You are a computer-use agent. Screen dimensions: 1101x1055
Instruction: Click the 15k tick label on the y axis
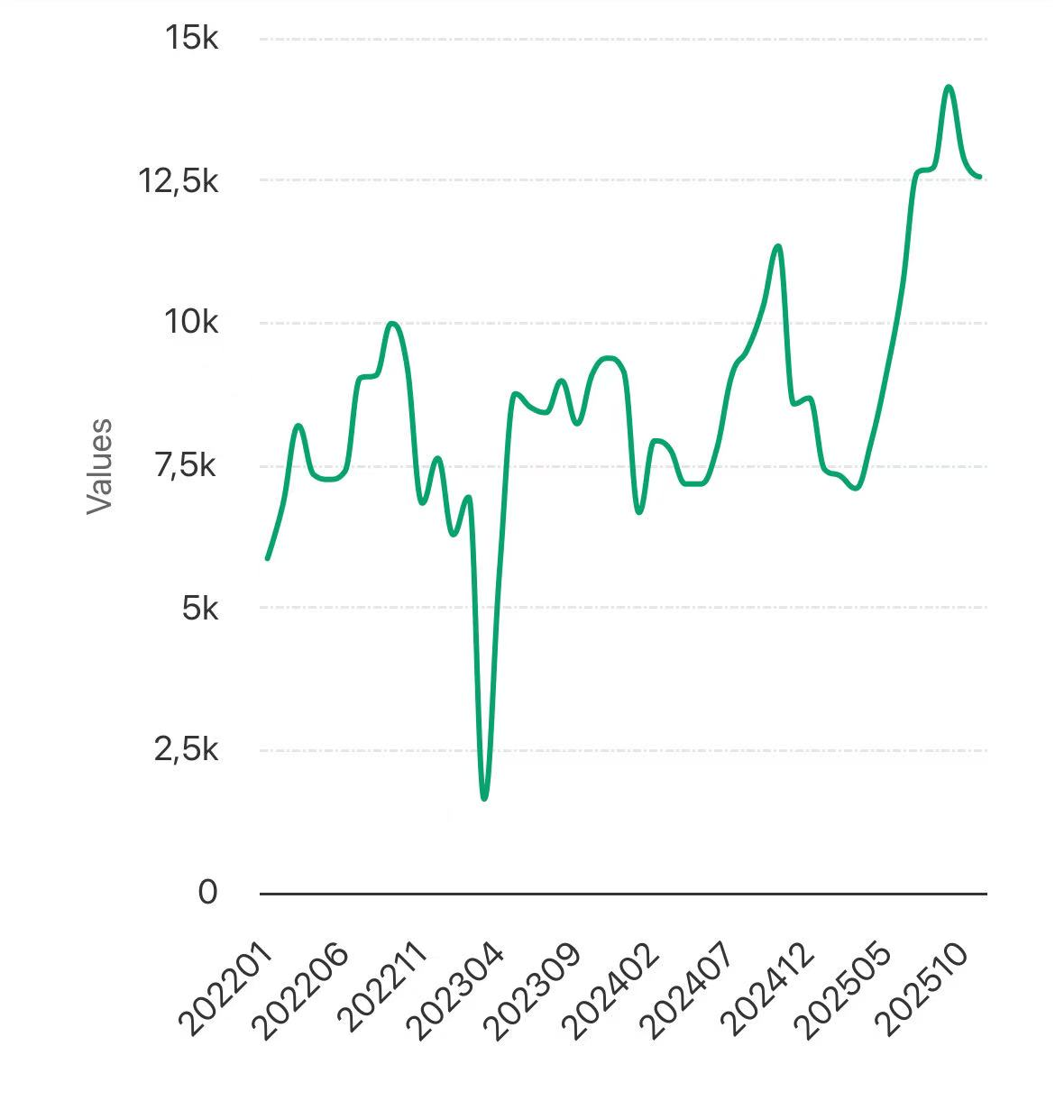tap(190, 39)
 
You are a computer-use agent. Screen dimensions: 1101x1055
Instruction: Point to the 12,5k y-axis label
tap(178, 181)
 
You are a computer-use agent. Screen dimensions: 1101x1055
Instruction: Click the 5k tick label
tap(199, 609)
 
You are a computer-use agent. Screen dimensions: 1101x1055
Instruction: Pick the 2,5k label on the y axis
tap(186, 750)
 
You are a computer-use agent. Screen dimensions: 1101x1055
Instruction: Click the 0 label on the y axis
tap(207, 893)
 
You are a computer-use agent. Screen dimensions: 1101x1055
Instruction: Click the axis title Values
tap(99, 466)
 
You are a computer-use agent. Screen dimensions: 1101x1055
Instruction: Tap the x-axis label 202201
tap(225, 989)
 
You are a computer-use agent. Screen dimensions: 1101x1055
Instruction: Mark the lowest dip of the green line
tap(484, 798)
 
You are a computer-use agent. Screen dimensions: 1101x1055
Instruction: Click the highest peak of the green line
tap(949, 87)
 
